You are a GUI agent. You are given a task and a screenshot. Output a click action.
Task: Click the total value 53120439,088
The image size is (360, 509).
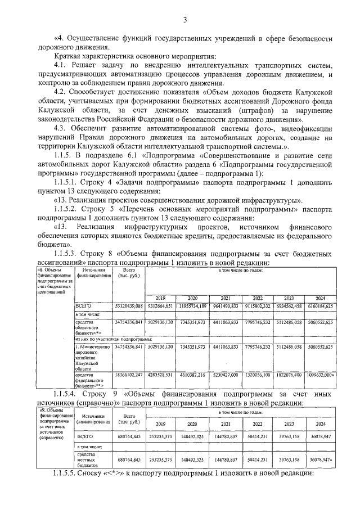point(129,305)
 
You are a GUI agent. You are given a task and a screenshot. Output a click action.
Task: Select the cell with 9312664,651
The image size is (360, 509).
point(161,305)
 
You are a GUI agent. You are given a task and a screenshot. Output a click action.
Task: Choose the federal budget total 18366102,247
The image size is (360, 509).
point(129,375)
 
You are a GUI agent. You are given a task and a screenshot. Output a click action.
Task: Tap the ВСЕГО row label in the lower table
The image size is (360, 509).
point(87,436)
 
